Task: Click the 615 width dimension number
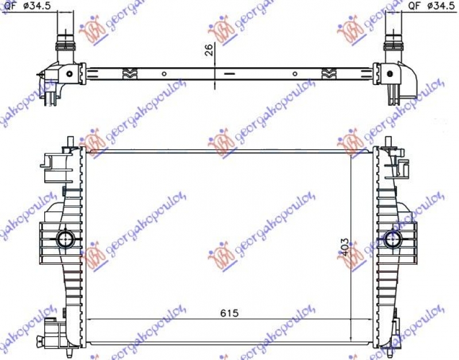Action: coord(228,313)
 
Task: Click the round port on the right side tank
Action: coord(394,238)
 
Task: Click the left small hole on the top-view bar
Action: coord(164,73)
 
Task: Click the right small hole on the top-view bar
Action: coord(294,73)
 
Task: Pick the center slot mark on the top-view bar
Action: coord(229,73)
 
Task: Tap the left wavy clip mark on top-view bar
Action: coord(130,73)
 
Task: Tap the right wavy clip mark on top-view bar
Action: coord(328,73)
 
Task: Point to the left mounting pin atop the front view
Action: coord(70,141)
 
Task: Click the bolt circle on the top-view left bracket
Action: coord(69,73)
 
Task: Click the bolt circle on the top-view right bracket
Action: coord(390,73)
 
